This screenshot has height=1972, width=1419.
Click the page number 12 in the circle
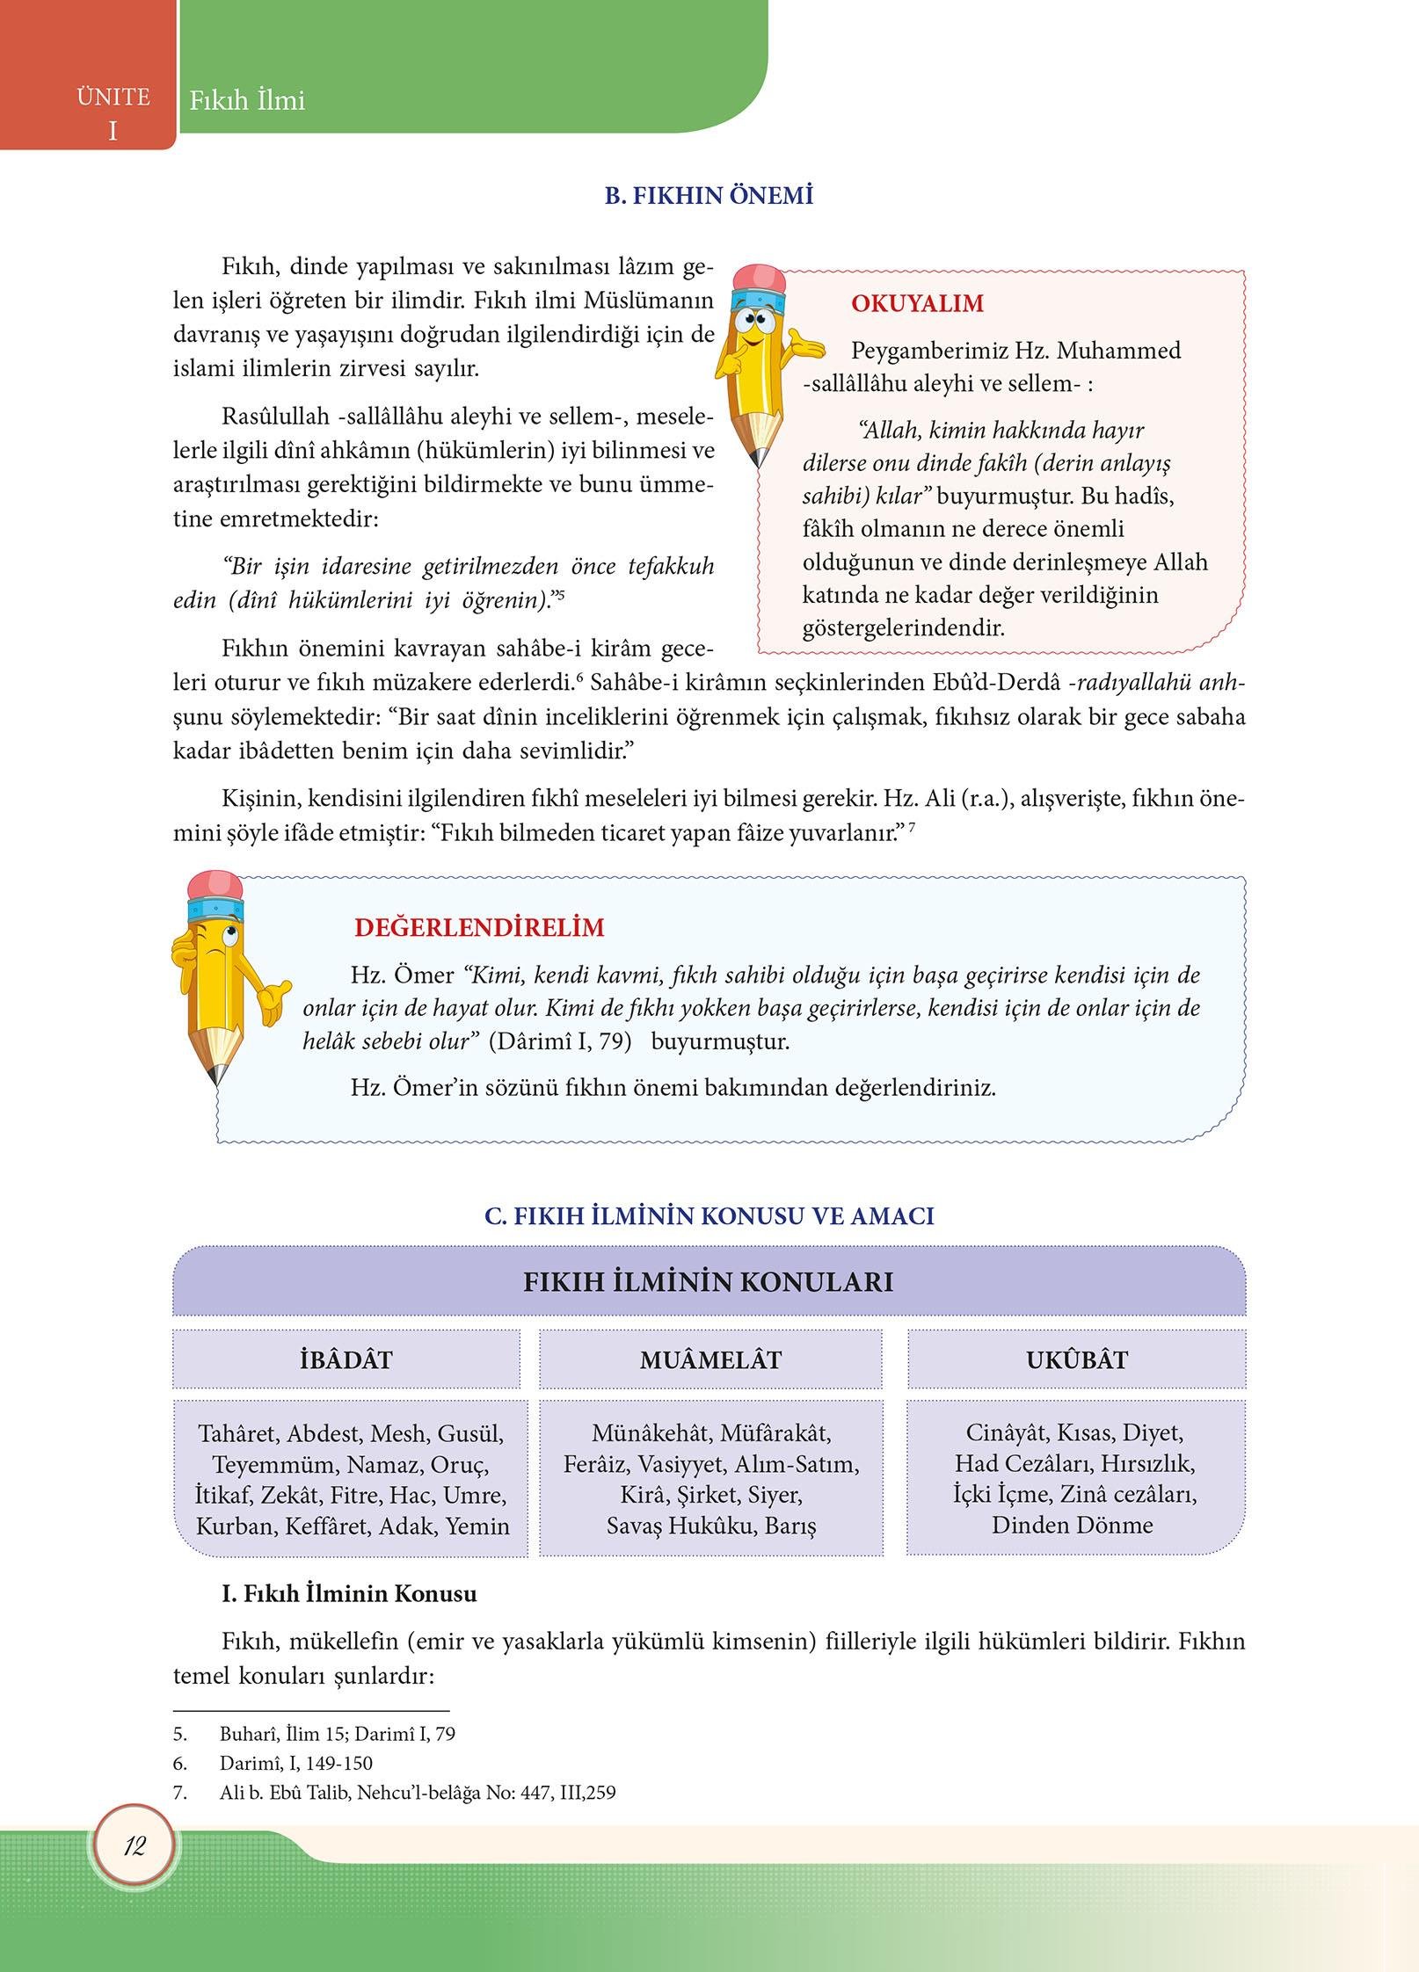(134, 1846)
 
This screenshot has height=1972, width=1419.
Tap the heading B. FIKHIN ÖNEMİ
(708, 195)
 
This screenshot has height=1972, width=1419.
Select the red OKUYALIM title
(917, 304)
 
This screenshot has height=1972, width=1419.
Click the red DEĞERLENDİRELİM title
(479, 928)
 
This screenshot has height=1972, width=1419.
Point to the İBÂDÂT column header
(346, 1359)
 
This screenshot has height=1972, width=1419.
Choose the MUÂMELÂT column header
(710, 1359)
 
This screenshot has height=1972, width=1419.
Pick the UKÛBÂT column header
(1076, 1359)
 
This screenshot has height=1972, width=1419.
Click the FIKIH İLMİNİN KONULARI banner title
(708, 1281)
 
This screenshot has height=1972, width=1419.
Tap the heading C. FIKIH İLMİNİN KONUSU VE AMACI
(709, 1216)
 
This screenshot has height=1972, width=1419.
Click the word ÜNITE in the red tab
(113, 97)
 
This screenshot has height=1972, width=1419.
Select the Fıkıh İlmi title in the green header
(247, 101)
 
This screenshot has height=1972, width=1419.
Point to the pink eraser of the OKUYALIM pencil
(760, 278)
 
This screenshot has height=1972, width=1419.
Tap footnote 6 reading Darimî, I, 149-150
(295, 1763)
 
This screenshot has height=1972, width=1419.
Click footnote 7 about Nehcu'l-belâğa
(417, 1792)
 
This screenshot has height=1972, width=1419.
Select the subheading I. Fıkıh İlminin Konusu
(349, 1593)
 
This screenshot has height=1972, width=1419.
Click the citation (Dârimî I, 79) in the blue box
(560, 1041)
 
